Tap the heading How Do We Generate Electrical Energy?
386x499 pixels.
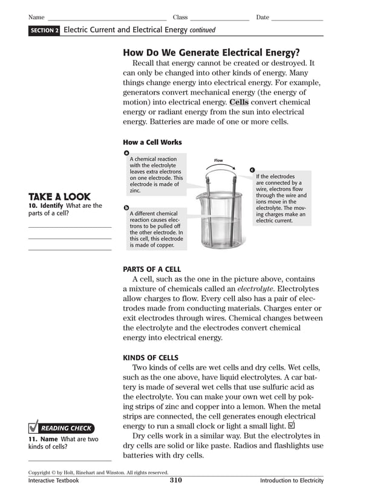tap(211, 53)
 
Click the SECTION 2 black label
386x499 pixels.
tap(44, 30)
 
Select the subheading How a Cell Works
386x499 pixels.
tap(152, 143)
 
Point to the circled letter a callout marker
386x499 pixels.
tap(126, 152)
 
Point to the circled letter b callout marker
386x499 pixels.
tap(126, 207)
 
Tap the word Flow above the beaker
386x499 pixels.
tap(218, 161)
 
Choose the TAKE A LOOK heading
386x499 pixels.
tap(59, 197)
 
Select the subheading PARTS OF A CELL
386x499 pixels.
tap(152, 269)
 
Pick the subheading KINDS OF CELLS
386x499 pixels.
tap(151, 358)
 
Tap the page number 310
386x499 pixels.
tap(175, 481)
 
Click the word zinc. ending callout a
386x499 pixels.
tap(135, 191)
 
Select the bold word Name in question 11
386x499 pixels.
tap(49, 439)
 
